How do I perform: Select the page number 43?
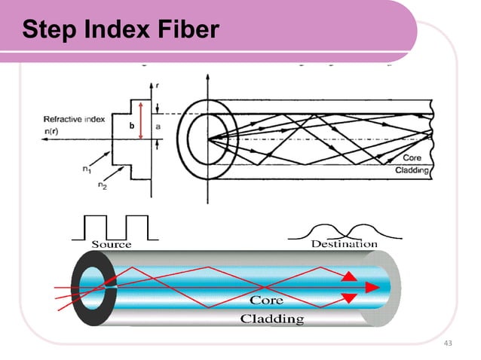click(x=450, y=343)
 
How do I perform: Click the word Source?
click(x=112, y=244)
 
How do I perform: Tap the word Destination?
click(x=344, y=244)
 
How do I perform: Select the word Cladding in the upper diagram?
click(x=412, y=171)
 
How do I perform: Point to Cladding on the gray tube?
click(x=271, y=319)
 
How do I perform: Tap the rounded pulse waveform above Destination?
click(x=343, y=229)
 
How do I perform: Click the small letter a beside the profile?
click(x=158, y=127)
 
